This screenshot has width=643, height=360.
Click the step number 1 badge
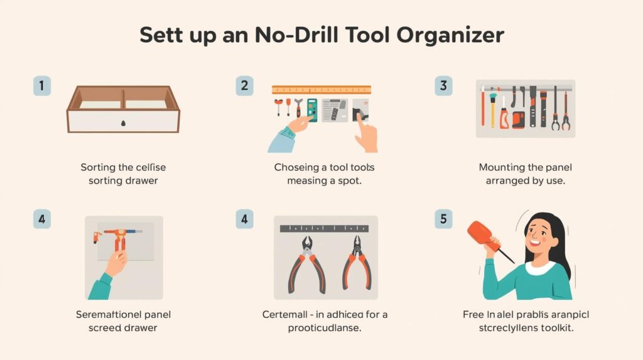point(41,87)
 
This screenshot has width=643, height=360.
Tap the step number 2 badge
point(244,87)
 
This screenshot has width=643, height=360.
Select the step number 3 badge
point(443,87)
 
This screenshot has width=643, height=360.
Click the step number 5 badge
point(443,219)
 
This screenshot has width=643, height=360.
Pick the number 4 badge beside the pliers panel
point(244,219)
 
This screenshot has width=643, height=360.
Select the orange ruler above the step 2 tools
point(321,89)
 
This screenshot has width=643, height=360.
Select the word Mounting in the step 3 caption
point(501,168)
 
